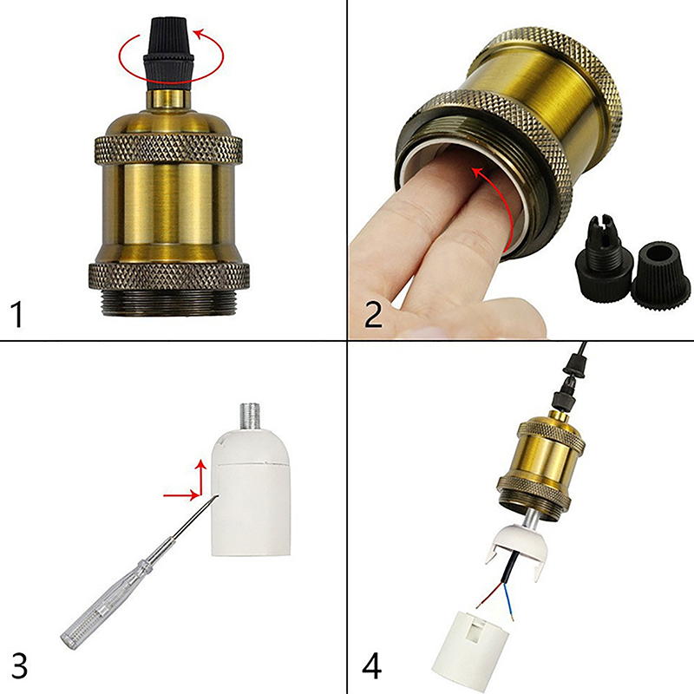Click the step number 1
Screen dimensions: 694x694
[16, 314]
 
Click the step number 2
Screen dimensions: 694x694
[373, 313]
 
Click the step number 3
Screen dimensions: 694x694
[18, 665]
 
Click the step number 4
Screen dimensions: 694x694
[372, 665]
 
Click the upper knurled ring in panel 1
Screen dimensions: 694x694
[168, 150]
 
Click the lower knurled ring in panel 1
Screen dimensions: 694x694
[168, 277]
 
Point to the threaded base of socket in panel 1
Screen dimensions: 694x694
[168, 304]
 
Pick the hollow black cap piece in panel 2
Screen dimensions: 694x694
[661, 273]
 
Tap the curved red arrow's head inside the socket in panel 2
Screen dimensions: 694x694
[478, 173]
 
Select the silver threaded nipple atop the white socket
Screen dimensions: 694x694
[251, 416]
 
